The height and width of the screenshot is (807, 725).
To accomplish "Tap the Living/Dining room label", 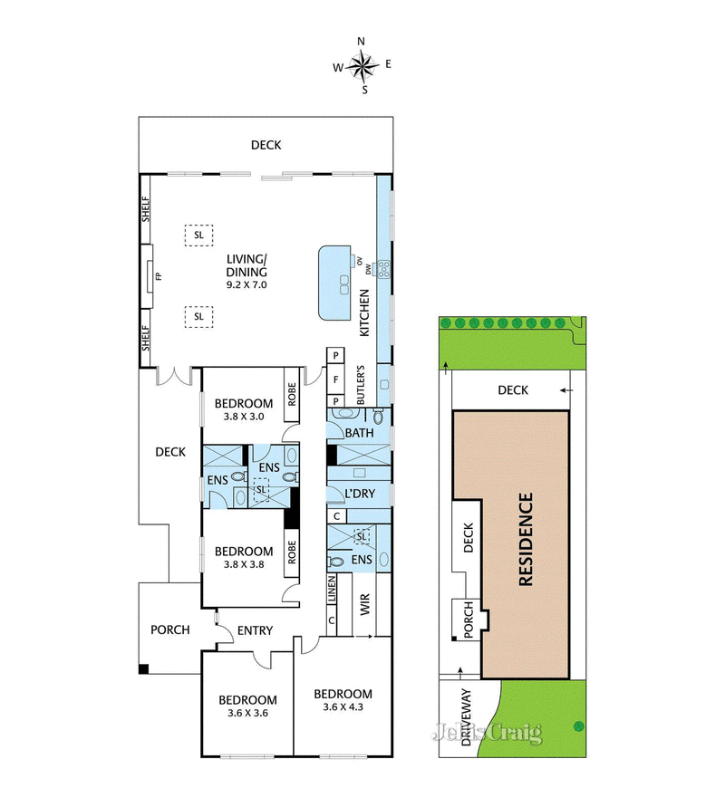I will point(246,266).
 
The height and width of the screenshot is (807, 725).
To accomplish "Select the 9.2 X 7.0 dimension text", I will point(246,284).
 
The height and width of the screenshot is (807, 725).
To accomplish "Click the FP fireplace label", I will point(159,276).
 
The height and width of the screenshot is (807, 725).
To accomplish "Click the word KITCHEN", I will point(365,312).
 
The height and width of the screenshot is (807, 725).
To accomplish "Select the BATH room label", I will point(359,433).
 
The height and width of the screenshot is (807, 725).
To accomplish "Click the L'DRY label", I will point(360,494).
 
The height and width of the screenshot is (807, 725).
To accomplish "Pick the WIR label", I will point(366,604).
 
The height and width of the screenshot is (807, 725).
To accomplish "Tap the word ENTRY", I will point(255,631).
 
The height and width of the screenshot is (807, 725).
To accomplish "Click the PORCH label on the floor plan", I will point(169,629).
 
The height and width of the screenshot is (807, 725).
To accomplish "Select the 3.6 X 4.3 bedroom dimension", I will point(343,708).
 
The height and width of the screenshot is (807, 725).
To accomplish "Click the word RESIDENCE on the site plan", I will point(527,540).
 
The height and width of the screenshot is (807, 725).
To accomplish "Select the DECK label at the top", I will point(266,145).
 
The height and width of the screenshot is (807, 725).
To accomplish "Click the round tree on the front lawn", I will point(577,724).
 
